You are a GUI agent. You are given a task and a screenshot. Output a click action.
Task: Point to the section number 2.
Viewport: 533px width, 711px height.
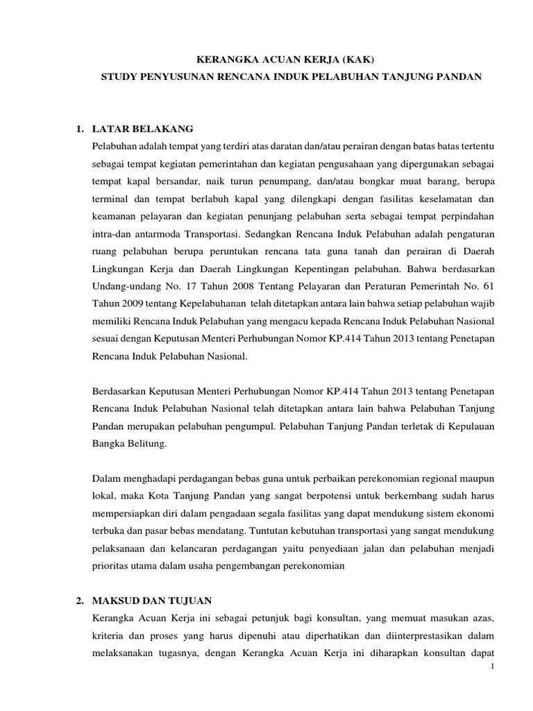click(80, 599)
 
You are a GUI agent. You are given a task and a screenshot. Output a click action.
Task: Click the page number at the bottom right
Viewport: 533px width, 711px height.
click(491, 667)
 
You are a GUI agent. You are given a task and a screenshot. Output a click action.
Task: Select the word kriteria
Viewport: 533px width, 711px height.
click(109, 635)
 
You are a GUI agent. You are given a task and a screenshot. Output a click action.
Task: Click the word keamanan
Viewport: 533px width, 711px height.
click(115, 215)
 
